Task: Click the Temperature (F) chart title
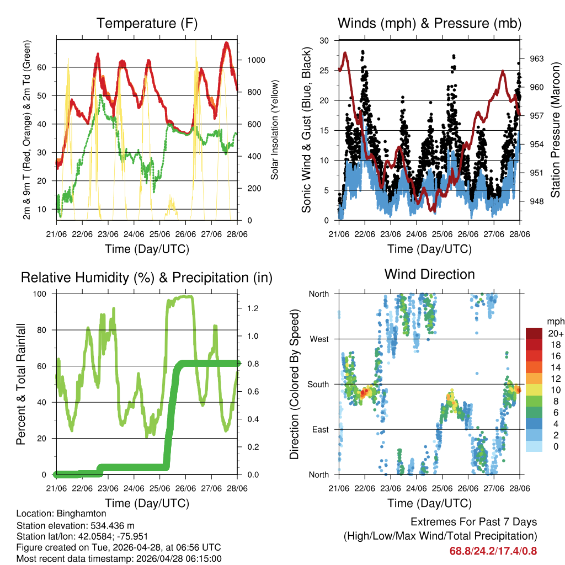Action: click(x=147, y=24)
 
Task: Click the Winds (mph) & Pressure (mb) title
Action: click(x=429, y=24)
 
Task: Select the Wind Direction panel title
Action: click(x=429, y=274)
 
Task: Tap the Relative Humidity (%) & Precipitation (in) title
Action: click(x=147, y=278)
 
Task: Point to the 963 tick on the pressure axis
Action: click(x=537, y=58)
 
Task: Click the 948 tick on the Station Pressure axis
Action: click(x=537, y=201)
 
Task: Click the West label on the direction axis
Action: click(x=318, y=339)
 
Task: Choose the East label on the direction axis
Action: click(x=320, y=429)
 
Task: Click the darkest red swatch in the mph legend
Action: click(x=534, y=333)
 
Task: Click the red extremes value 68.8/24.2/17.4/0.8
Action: click(x=493, y=551)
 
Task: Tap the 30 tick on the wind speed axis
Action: click(x=325, y=41)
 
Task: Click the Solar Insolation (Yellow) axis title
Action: click(x=275, y=130)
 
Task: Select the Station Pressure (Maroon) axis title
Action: click(x=556, y=130)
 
